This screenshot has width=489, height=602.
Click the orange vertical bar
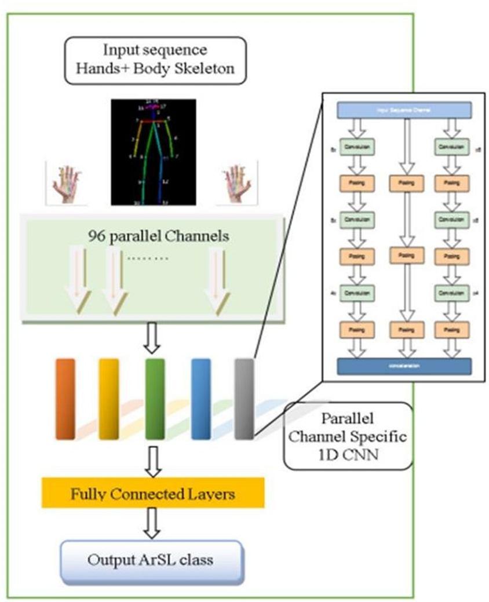click(65, 399)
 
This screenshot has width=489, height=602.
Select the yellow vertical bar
click(109, 399)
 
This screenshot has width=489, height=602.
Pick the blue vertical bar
click(200, 399)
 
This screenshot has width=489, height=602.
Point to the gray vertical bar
click(244, 399)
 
